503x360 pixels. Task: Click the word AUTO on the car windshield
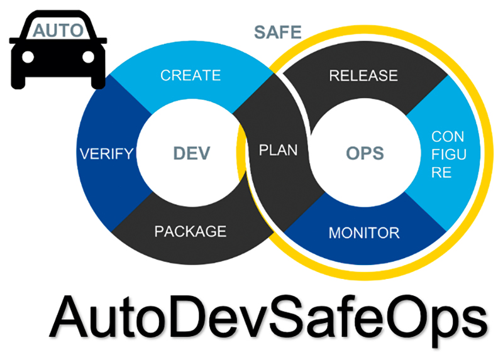58,31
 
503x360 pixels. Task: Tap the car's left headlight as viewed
28,57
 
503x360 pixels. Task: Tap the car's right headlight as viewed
88,57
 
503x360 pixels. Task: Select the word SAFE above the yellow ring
278,33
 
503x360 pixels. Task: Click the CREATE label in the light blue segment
191,75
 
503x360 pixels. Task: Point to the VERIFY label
106,154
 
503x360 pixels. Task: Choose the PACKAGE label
191,231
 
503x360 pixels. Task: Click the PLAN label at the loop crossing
278,150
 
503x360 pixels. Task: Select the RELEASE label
363,75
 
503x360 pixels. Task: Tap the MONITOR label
364,232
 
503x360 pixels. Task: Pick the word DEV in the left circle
192,153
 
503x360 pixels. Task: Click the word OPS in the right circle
365,153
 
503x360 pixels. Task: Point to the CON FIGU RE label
448,155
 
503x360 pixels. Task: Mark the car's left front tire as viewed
18,82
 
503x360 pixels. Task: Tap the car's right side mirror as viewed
101,41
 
